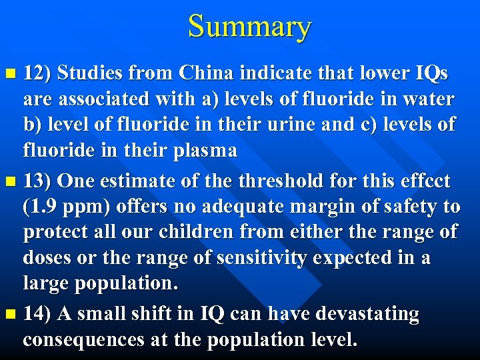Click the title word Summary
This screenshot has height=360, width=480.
(x=249, y=27)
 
